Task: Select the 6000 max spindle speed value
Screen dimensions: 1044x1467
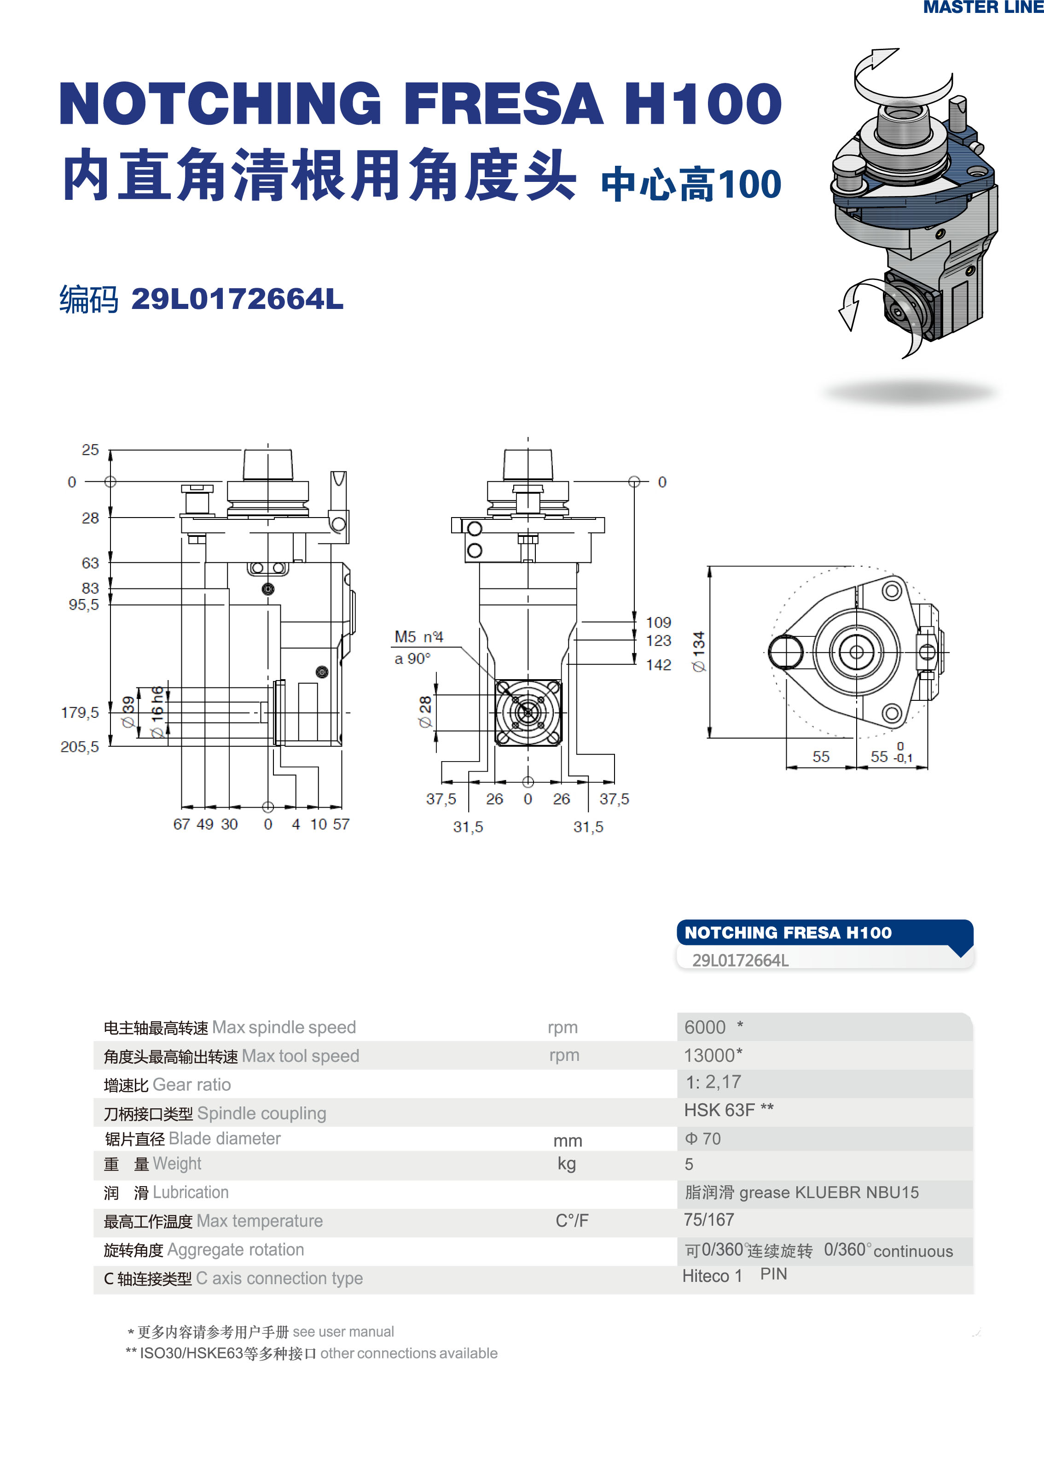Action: (705, 1027)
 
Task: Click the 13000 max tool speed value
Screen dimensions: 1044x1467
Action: (713, 1055)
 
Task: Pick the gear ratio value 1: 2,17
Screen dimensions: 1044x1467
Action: (713, 1082)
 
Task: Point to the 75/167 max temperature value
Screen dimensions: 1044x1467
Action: (709, 1219)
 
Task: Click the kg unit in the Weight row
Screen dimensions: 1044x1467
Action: (566, 1164)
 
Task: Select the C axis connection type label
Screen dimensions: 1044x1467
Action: (233, 1278)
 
